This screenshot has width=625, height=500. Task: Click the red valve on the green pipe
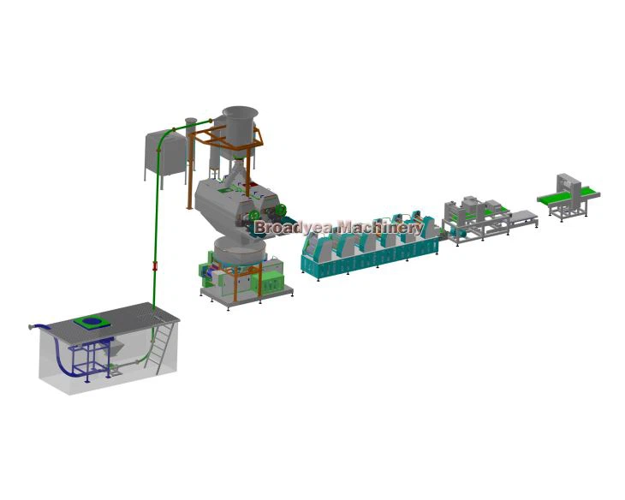[155, 265]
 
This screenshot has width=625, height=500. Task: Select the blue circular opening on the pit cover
[92, 320]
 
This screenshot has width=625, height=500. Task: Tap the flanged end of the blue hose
[31, 327]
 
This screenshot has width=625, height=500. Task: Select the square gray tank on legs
[164, 156]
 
